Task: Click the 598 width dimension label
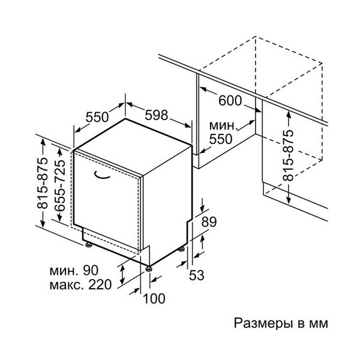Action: coord(157,115)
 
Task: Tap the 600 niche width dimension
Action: coord(230,101)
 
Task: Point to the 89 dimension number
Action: coord(209,222)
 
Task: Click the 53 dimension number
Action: coord(197,275)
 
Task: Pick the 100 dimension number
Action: coord(154,298)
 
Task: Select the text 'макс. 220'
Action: coord(80,284)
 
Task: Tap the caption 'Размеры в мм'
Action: coord(281,323)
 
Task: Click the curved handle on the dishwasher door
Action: coord(102,175)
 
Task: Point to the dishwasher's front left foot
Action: coord(89,245)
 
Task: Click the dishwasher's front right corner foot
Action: coord(149,268)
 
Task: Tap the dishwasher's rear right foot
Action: coord(182,249)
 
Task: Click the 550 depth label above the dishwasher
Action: coord(97,117)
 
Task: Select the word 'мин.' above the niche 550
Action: coord(223,125)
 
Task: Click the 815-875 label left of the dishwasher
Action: coord(43,183)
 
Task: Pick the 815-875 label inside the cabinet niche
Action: coord(289,155)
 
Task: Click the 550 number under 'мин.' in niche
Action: coord(221,139)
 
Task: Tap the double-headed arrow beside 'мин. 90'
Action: coord(122,275)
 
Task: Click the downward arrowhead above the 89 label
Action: coord(202,209)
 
